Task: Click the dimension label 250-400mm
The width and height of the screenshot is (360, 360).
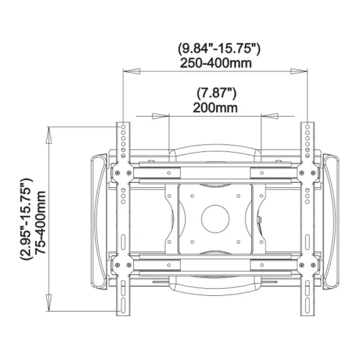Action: (x=216, y=63)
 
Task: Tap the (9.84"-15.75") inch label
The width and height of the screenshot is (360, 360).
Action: (x=219, y=49)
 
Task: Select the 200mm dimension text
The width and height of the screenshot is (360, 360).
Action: (x=215, y=108)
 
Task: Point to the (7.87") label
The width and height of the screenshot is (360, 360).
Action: (x=217, y=94)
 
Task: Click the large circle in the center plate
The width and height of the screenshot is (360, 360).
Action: (x=215, y=219)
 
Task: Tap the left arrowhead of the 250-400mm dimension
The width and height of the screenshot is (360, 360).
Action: (x=131, y=71)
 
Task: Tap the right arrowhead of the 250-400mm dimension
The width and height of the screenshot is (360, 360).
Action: (x=299, y=71)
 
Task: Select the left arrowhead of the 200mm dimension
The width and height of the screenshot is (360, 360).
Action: (x=161, y=116)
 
